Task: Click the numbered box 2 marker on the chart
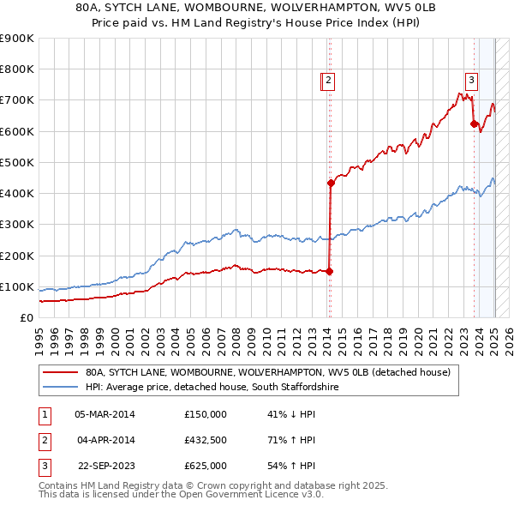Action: click(x=328, y=81)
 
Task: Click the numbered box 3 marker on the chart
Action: click(x=471, y=81)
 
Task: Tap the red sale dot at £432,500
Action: click(x=331, y=183)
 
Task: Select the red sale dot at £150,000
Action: click(x=330, y=271)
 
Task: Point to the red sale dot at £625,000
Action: click(x=474, y=123)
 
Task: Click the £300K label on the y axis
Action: click(x=16, y=225)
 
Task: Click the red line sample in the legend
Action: click(x=60, y=373)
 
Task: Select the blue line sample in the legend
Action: click(x=60, y=388)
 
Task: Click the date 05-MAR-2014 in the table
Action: click(x=105, y=414)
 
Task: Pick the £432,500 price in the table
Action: click(x=206, y=440)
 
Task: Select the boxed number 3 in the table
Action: click(x=44, y=466)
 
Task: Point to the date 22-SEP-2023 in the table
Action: click(x=105, y=466)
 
